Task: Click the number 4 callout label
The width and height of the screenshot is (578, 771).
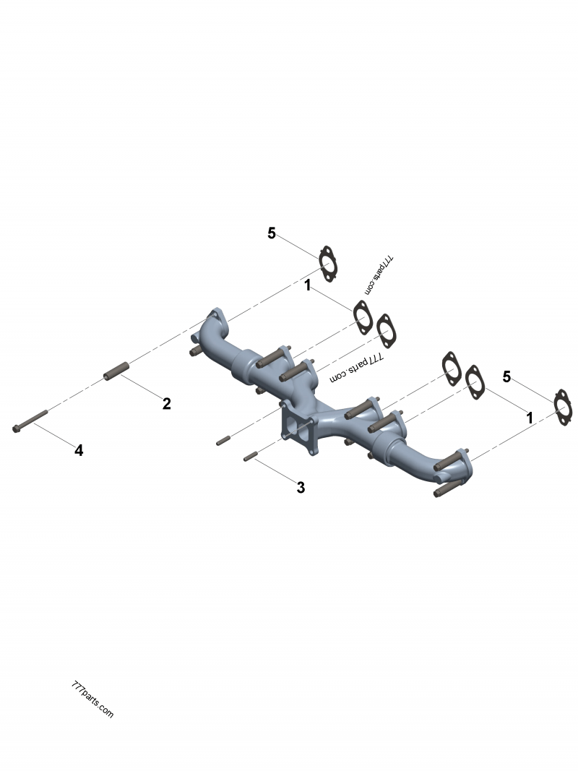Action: coord(79,450)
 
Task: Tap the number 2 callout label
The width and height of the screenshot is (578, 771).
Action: coord(166,403)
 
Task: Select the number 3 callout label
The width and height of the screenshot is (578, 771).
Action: coord(301,488)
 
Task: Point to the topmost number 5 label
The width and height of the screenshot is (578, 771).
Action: coord(272,233)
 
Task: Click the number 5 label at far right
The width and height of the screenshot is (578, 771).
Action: coord(507,376)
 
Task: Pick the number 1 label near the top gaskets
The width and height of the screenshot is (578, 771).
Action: coord(308,286)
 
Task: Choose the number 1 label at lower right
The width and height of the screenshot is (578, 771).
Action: coord(530,418)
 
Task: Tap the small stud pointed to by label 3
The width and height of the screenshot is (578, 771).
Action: coord(251,456)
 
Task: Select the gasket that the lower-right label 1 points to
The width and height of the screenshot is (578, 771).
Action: coord(474,381)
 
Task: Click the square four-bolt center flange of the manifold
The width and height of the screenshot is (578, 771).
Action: coord(297,426)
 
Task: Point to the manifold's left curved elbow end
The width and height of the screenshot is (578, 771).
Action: coord(210,329)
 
